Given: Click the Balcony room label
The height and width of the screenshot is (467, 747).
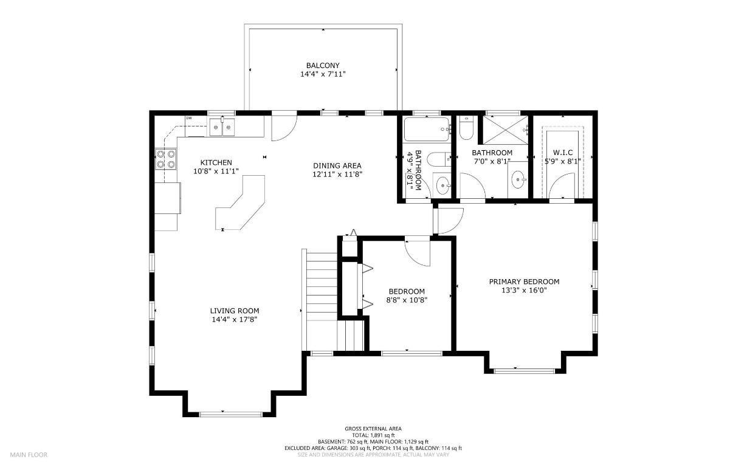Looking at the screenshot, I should point(322,66).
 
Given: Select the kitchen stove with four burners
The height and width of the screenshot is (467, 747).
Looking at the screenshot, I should point(166,159).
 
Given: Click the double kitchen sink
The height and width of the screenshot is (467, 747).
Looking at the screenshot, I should point(222,127).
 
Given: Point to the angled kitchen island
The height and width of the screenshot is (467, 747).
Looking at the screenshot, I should point(241,204).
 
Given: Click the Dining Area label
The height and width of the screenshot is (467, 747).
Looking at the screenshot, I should point(337,165).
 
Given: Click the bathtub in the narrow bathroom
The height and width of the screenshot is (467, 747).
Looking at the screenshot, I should point(427,129).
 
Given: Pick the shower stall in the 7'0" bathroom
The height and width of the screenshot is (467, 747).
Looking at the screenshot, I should point(504,129).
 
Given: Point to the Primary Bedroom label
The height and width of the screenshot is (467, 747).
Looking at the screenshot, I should point(524,282).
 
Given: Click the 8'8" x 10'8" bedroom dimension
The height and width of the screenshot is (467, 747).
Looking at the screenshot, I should point(407,300).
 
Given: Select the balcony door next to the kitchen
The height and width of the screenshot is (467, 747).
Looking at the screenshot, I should point(283,126).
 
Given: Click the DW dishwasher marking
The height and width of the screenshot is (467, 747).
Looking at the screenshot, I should point(189,118).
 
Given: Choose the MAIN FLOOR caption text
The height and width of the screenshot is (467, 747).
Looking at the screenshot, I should point(28,454).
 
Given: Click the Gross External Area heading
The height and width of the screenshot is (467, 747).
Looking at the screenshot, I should point(373,429).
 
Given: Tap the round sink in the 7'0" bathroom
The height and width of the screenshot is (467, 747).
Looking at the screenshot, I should point(518,179).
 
